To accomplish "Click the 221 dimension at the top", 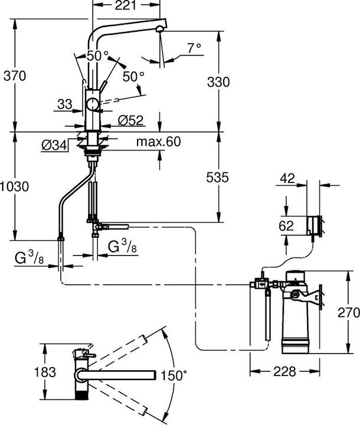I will [125, 6].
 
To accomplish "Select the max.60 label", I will [157, 142].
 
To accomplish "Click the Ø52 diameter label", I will [130, 120].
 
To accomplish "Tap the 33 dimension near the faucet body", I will [65, 104].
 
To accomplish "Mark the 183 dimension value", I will [45, 372].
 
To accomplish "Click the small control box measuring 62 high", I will [315, 225].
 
